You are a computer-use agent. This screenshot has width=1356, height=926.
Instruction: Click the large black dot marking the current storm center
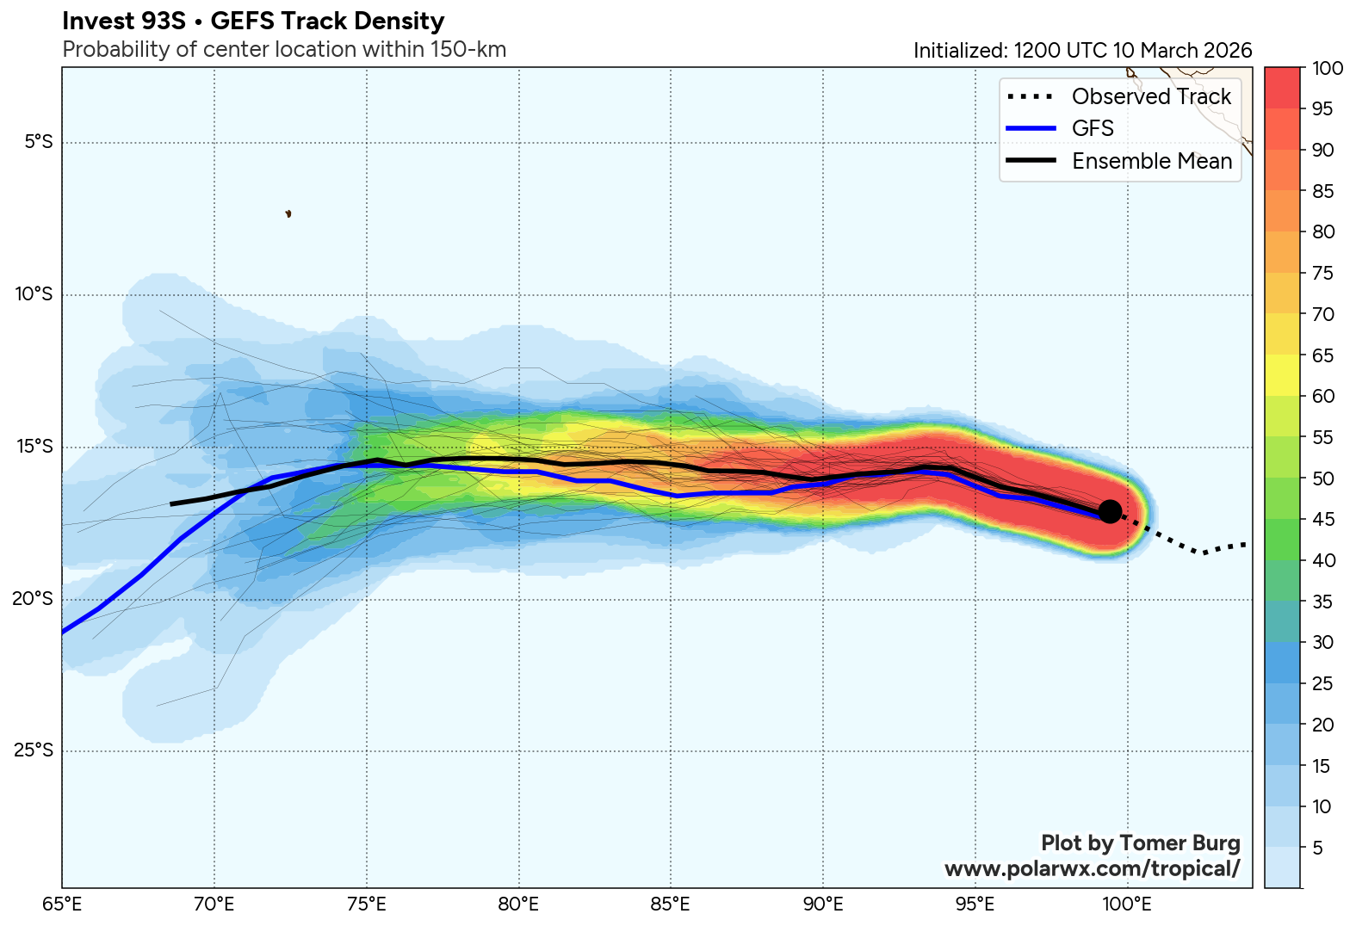tap(1110, 511)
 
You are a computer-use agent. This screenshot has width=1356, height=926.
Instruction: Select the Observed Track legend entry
tap(1151, 96)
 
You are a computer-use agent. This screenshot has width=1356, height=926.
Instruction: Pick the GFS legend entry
tap(1093, 128)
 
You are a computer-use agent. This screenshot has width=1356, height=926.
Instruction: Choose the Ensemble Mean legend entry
tap(1151, 161)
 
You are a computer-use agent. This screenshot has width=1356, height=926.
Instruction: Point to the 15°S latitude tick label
tap(34, 447)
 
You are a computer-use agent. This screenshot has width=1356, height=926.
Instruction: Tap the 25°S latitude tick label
tap(34, 750)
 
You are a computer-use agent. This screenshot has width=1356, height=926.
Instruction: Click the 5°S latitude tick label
tap(38, 142)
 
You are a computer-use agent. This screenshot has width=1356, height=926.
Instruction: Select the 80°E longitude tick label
tap(519, 904)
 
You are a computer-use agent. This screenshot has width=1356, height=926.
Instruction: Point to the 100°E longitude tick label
tap(1127, 904)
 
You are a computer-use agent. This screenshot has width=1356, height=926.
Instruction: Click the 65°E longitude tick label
tap(62, 904)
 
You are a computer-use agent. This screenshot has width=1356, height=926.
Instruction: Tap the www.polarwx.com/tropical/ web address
tap(1092, 868)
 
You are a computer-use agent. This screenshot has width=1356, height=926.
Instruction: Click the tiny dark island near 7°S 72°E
tap(288, 213)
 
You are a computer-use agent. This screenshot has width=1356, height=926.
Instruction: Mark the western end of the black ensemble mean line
tap(171, 503)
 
